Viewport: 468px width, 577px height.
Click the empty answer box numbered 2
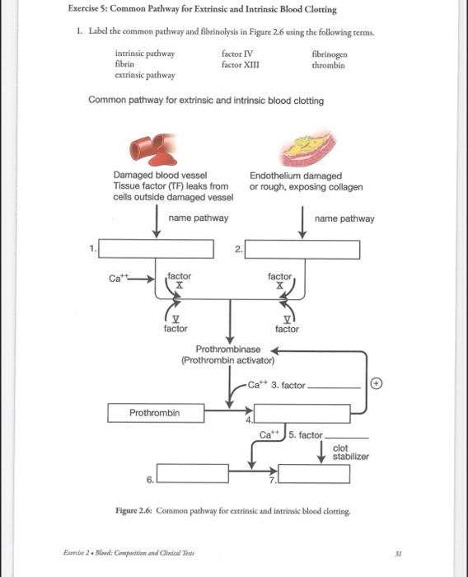pyautogui.click(x=302, y=249)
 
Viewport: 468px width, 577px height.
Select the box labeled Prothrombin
pyautogui.click(x=154, y=412)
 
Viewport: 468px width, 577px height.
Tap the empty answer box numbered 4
pyautogui.click(x=302, y=413)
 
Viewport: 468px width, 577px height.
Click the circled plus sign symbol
pyautogui.click(x=376, y=383)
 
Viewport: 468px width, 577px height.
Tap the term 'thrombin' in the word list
pyautogui.click(x=329, y=64)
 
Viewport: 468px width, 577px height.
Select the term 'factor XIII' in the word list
pyautogui.click(x=241, y=64)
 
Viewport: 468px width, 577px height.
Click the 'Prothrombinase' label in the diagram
pyautogui.click(x=227, y=349)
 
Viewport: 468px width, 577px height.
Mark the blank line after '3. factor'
pyautogui.click(x=335, y=387)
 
